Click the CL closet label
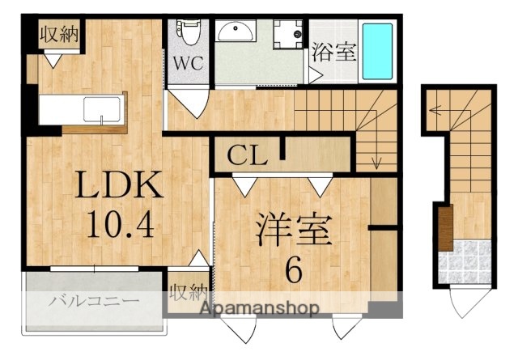tap(247, 155)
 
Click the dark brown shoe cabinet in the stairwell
tap(444, 229)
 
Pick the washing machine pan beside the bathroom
tap(287, 36)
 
